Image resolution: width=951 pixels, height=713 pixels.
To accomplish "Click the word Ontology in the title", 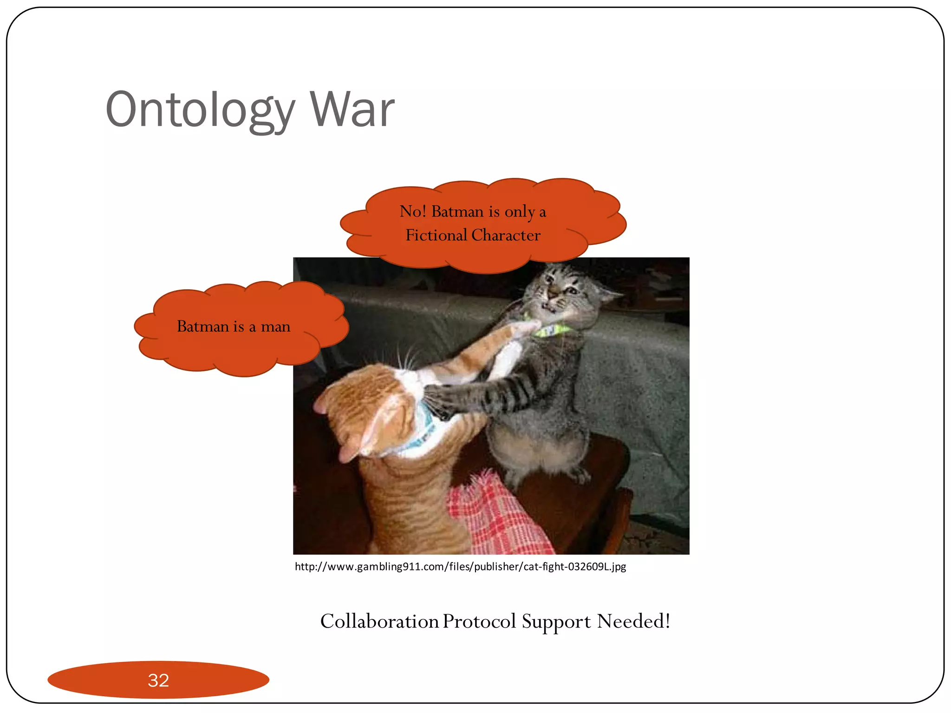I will tap(200, 110).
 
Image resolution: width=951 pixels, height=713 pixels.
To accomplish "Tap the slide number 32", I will tap(158, 680).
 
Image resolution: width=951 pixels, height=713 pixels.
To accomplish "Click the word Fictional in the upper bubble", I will tap(436, 235).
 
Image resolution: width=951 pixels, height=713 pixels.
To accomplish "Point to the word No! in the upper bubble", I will tap(412, 212).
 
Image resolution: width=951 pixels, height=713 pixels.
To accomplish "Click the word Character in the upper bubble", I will tap(506, 235).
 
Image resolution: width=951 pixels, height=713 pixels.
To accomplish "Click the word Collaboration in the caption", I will tap(379, 622).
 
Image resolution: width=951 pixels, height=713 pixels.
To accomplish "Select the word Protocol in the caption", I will tap(479, 622).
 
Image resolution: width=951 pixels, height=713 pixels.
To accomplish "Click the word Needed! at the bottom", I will tap(633, 622).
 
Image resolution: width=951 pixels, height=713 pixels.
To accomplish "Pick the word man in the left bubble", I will tap(275, 327).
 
